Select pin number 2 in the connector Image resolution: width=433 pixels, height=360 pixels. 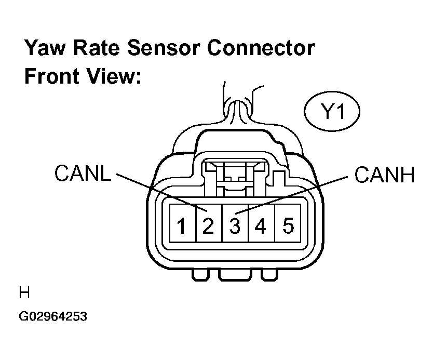(209, 223)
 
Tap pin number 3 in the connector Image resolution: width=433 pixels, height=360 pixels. (235, 223)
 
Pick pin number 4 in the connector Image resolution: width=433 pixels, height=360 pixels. (262, 223)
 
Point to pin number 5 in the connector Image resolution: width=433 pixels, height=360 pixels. (288, 223)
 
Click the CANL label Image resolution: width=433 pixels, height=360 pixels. (83, 173)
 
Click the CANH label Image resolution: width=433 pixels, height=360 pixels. (384, 175)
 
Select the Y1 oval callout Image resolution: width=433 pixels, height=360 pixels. (332, 111)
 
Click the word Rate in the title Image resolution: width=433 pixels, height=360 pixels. (97, 47)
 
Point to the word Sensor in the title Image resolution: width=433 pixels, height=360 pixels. (163, 47)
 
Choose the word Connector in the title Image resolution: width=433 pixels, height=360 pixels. (261, 47)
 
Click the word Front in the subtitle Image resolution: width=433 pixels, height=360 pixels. (51, 76)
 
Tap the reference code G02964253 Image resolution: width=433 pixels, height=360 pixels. (53, 316)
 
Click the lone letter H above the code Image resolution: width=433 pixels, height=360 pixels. (24, 292)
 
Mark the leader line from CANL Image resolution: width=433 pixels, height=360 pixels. (161, 193)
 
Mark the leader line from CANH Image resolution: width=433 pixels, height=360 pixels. (291, 195)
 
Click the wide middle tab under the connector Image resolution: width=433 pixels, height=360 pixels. (235, 275)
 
